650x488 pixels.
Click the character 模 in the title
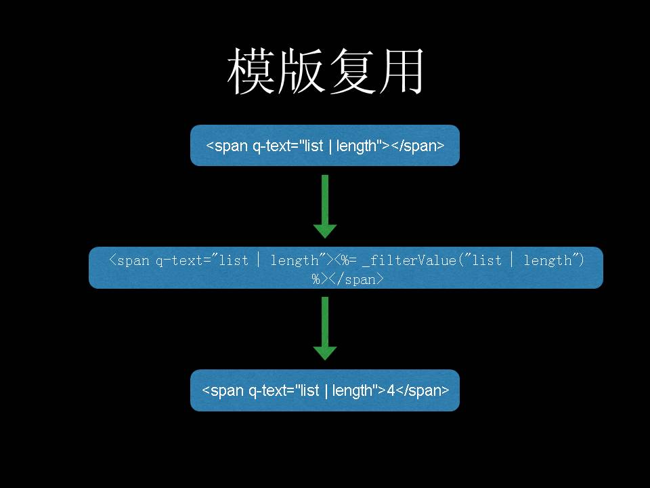tap(251, 72)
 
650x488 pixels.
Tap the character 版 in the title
tap(301, 72)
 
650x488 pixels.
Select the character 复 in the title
tap(351, 72)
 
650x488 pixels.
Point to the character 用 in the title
tap(401, 72)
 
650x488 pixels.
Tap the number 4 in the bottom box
tap(391, 390)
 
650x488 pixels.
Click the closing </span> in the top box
tap(418, 146)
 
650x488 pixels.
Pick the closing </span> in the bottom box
tap(422, 390)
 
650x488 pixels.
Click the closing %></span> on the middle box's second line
tap(348, 279)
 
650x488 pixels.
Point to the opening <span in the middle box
tap(130, 260)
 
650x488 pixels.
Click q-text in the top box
tap(270, 146)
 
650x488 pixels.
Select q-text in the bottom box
tap(266, 390)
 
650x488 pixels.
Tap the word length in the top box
tap(356, 146)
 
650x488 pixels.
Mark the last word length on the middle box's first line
tap(548, 260)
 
